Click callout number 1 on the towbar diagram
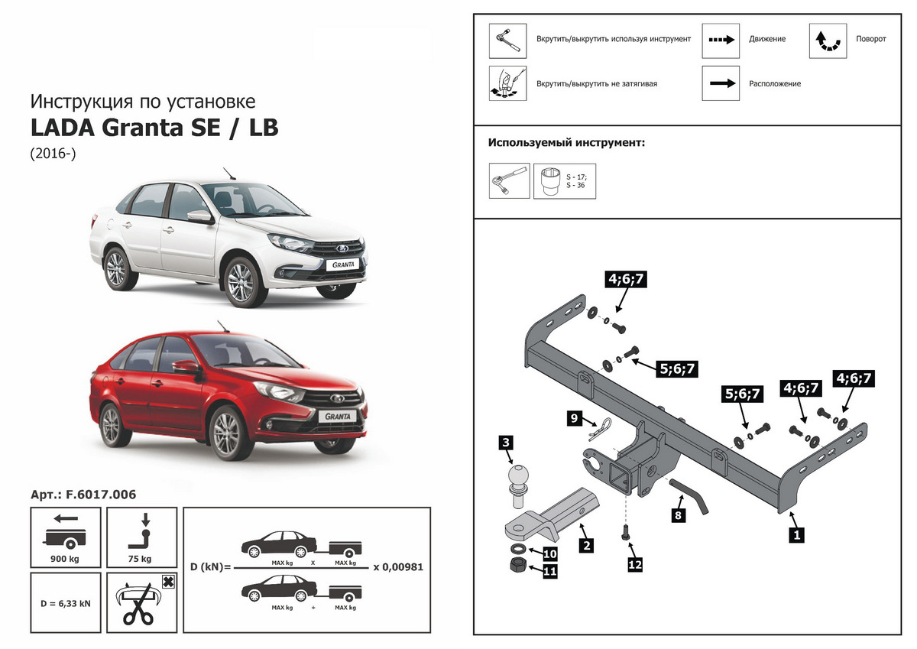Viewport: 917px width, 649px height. (x=797, y=535)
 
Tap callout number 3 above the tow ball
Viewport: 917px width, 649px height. (x=505, y=442)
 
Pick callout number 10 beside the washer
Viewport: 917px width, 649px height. (x=549, y=552)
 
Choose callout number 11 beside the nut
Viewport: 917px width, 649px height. (x=549, y=569)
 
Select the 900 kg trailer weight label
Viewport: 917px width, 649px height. (x=65, y=559)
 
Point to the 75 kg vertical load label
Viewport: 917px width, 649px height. (x=141, y=559)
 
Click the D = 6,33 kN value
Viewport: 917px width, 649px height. (x=65, y=603)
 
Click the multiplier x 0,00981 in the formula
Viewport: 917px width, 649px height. (x=397, y=567)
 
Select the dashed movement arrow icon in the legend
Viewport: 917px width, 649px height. (x=721, y=39)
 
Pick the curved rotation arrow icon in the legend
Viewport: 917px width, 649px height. (x=828, y=40)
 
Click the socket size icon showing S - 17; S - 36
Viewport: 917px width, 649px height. (x=565, y=180)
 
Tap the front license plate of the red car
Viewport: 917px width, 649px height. (x=338, y=417)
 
